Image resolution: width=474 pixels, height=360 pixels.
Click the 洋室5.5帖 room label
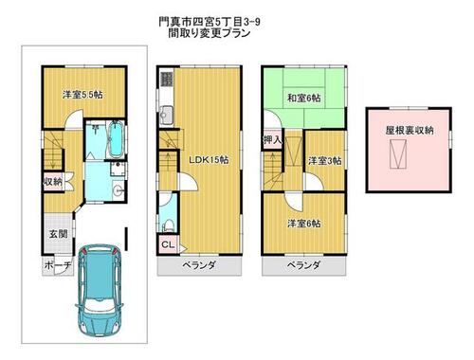tap(82, 95)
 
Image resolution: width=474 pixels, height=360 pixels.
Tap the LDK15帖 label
tap(209, 160)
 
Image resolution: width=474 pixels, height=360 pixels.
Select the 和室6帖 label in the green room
tap(303, 98)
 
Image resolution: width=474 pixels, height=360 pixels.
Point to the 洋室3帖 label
tap(324, 161)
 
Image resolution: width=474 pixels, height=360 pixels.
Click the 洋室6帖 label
tap(304, 224)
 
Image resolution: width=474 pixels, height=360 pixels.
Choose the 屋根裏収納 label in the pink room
tap(410, 130)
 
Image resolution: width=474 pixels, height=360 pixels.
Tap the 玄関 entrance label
tap(58, 234)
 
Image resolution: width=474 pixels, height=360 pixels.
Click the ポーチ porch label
tap(58, 265)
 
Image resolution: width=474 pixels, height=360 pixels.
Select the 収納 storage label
tap(53, 182)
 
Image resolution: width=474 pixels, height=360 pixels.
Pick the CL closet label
tap(168, 244)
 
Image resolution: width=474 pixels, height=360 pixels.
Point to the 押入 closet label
tap(272, 140)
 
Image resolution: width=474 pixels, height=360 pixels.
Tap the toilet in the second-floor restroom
tap(167, 225)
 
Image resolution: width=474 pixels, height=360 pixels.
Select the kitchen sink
tap(166, 116)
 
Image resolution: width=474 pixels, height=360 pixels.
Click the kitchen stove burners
tap(166, 79)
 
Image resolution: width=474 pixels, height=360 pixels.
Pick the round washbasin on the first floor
tap(118, 190)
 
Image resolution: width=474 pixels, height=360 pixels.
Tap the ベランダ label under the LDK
tap(199, 265)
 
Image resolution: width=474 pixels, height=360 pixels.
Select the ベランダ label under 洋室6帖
tap(303, 265)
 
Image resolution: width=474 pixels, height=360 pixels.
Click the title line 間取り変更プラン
tap(210, 33)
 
